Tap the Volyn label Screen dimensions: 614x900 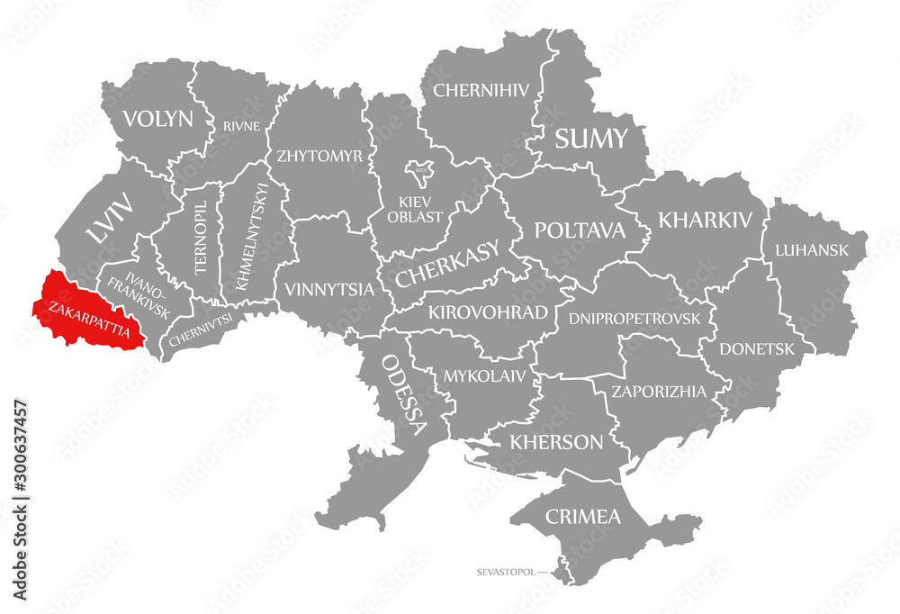158,118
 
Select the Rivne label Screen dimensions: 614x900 242,126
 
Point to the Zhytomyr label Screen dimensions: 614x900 319,155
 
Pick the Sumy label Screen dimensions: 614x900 589,139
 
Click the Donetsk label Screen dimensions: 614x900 757,348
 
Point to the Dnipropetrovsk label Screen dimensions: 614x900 634,318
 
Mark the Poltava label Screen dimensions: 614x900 580,230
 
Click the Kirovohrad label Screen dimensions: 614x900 488,312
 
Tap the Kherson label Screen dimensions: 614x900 556,441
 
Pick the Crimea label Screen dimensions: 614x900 582,517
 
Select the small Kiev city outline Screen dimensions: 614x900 420,168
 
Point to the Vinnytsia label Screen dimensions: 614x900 328,290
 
